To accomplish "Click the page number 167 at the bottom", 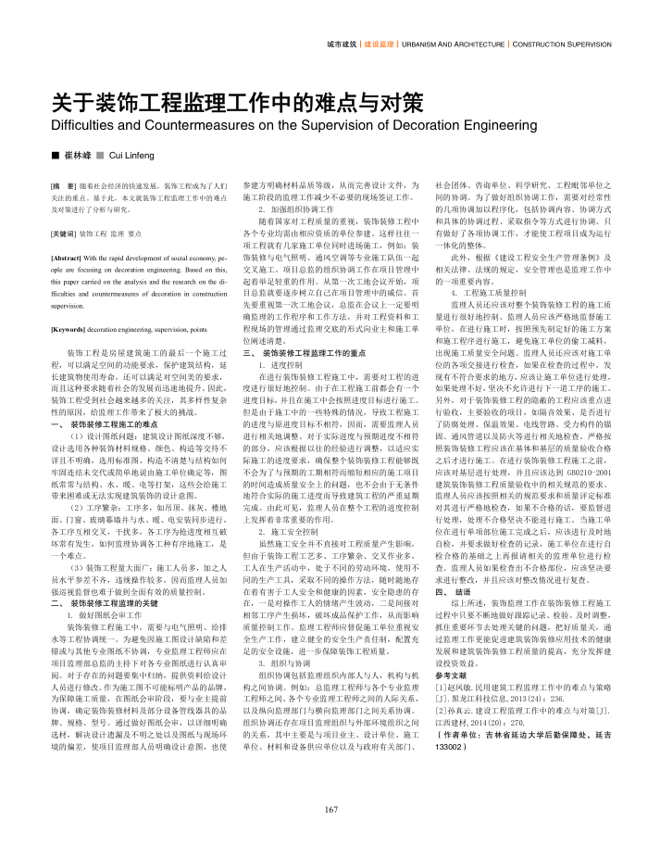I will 331,810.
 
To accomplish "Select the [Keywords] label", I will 69,328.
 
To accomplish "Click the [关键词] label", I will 64,234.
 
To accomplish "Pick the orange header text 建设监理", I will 380,44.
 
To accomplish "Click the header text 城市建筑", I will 342,44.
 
